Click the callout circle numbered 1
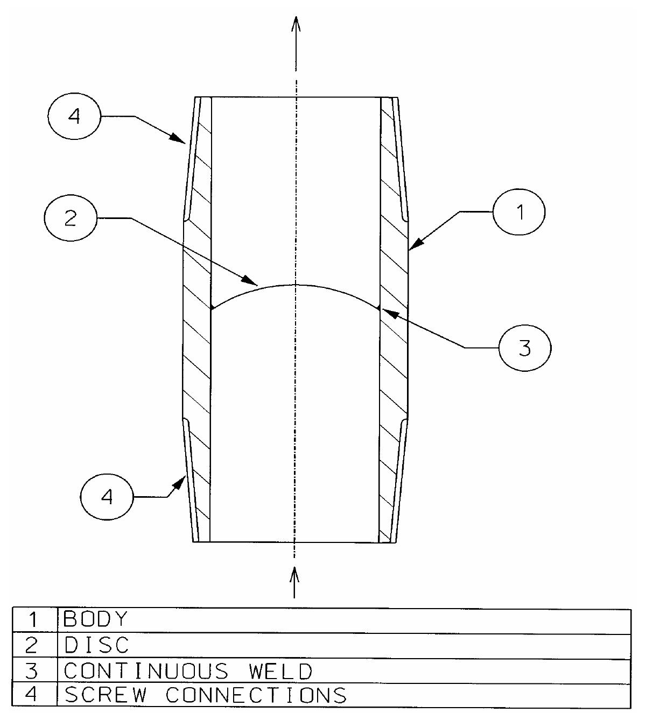[519, 211]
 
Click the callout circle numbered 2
[71, 218]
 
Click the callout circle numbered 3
[524, 348]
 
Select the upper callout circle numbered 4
[74, 116]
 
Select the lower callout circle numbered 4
[107, 497]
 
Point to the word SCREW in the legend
[105, 695]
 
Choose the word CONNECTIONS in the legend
[256, 695]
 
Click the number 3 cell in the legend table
[32, 670]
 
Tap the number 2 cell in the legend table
[32, 645]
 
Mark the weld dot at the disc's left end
[213, 308]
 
